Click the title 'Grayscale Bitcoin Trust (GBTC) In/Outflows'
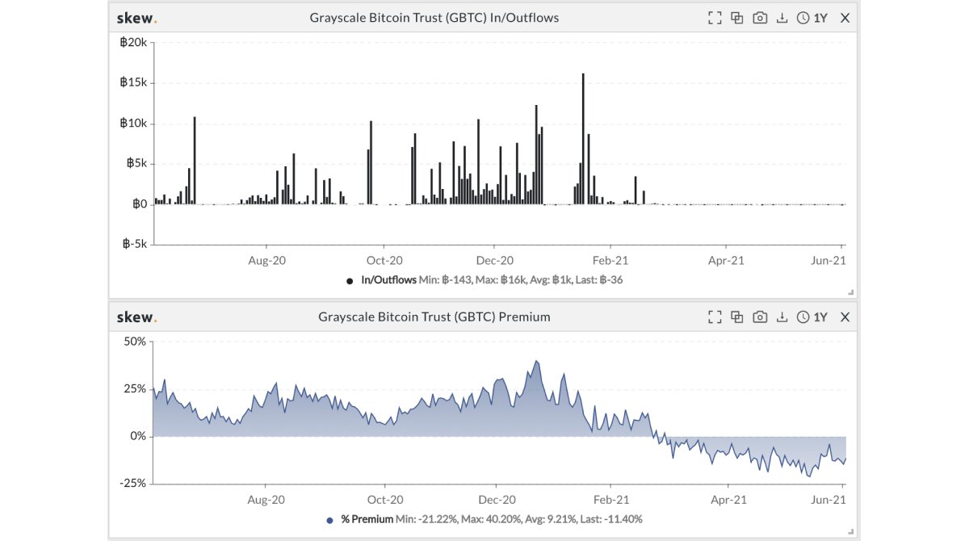pyautogui.click(x=434, y=18)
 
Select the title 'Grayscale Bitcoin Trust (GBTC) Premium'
pyautogui.click(x=434, y=317)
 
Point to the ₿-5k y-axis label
pyautogui.click(x=134, y=244)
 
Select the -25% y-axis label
pyautogui.click(x=134, y=483)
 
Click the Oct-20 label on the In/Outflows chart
pyautogui.click(x=384, y=260)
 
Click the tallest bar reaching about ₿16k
pyautogui.click(x=583, y=137)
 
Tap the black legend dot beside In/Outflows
pyautogui.click(x=350, y=281)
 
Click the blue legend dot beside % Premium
pyautogui.click(x=329, y=520)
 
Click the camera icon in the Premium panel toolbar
pyautogui.click(x=759, y=317)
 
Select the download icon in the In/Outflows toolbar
pyautogui.click(x=782, y=18)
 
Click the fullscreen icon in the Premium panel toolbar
pyautogui.click(x=714, y=317)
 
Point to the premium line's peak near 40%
pyautogui.click(x=536, y=361)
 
